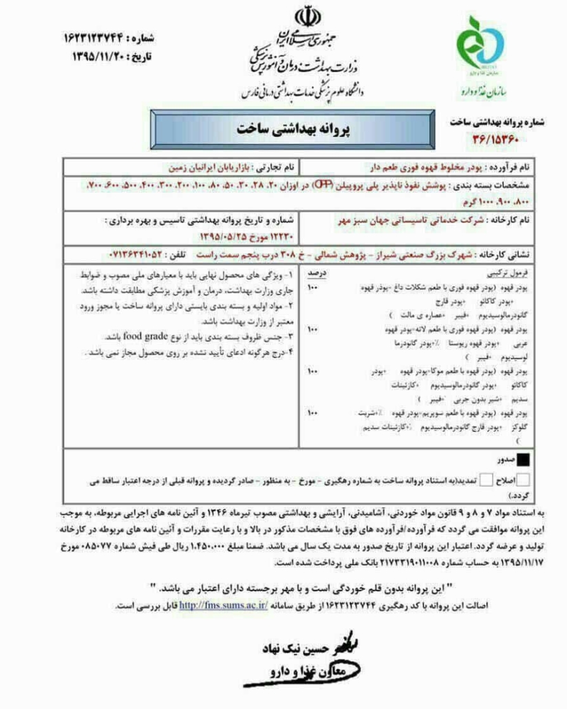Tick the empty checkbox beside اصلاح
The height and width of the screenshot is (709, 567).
click(x=524, y=479)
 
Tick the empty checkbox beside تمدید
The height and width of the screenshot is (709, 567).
click(x=487, y=479)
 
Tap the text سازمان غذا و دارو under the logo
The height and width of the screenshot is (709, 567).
click(x=484, y=90)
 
